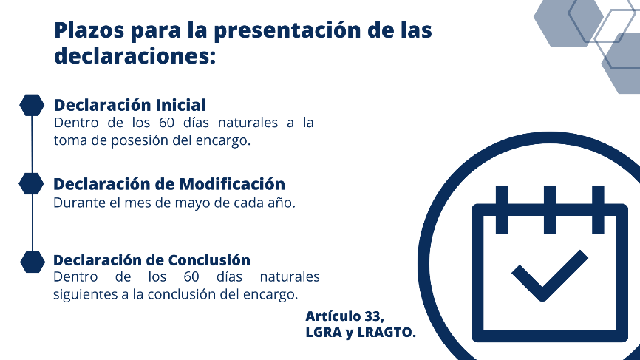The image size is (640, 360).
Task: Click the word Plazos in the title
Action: (x=89, y=30)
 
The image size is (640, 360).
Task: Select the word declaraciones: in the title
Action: (x=135, y=55)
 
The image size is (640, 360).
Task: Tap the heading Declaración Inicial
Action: (x=130, y=105)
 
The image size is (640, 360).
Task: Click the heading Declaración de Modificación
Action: (x=169, y=184)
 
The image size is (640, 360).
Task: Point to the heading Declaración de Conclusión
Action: (x=152, y=260)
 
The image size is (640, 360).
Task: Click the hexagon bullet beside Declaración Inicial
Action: (x=32, y=105)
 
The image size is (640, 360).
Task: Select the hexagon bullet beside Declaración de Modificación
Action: (x=31, y=183)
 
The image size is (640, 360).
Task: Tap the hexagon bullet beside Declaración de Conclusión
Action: (x=33, y=262)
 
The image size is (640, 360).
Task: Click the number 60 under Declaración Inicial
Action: (x=166, y=123)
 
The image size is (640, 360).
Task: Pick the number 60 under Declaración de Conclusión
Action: (x=191, y=276)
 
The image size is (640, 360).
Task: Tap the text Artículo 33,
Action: (x=345, y=316)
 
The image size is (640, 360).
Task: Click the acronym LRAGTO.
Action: (x=387, y=333)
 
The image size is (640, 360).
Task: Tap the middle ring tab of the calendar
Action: (x=550, y=209)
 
